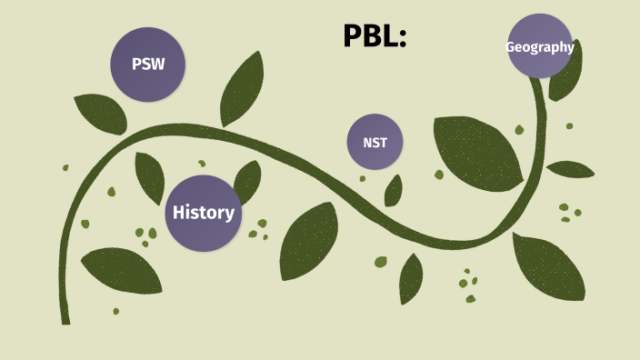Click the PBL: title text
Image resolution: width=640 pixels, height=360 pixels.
pos(374,35)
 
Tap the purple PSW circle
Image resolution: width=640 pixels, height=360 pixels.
pos(147,65)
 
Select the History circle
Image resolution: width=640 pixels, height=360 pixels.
pos(203,213)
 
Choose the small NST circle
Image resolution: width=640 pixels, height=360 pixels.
pos(375,142)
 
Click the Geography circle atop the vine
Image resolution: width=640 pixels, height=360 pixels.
pos(540,46)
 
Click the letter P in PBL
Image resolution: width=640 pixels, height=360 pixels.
pos(353,35)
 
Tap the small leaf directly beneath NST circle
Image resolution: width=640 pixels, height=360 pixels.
pos(394,190)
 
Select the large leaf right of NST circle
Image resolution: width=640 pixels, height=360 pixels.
pos(476,150)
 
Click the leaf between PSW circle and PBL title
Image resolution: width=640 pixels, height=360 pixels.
pos(243,88)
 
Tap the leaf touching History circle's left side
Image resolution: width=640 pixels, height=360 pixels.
pos(150,176)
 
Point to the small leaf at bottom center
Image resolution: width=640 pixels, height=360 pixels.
pos(411,277)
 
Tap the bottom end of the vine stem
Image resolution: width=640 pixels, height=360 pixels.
pos(65,317)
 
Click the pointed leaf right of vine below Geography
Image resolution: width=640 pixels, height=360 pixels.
pos(570,169)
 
